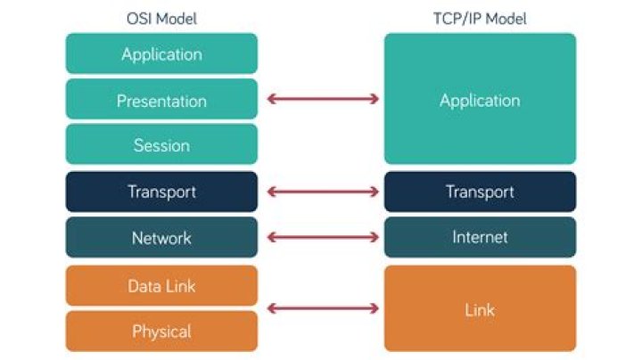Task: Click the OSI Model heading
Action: click(161, 19)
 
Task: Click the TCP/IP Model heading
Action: click(480, 19)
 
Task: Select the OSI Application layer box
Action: click(161, 53)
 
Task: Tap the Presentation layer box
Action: click(161, 100)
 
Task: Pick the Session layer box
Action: click(161, 145)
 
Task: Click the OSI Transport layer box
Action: click(161, 192)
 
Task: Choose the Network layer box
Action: click(161, 238)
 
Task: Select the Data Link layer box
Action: click(161, 286)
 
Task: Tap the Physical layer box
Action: click(161, 331)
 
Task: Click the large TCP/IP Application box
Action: click(480, 99)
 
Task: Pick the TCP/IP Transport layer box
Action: click(480, 192)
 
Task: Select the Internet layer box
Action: click(480, 238)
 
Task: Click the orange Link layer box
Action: click(480, 308)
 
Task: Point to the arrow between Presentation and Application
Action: click(322, 99)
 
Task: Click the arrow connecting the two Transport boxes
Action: click(322, 192)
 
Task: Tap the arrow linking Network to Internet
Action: click(322, 238)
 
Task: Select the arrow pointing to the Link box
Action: click(322, 309)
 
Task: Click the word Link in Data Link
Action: click(181, 286)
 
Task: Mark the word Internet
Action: click(480, 238)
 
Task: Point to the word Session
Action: click(161, 145)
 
